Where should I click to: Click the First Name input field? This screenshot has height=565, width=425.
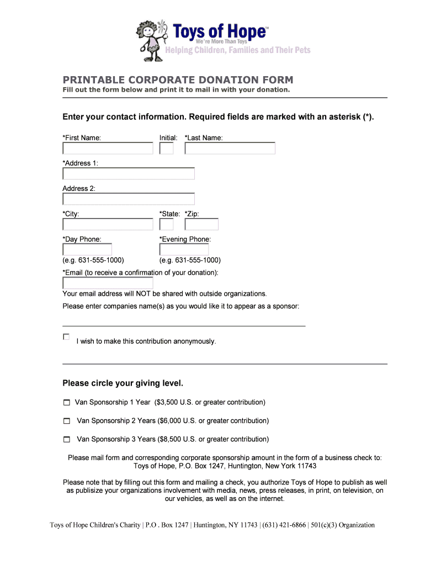[x=108, y=148]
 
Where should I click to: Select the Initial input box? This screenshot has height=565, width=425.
[x=166, y=148]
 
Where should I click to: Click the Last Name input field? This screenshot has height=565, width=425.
[x=230, y=148]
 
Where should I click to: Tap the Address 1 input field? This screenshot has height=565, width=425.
[x=129, y=174]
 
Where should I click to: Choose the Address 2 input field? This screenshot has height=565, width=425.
[x=129, y=199]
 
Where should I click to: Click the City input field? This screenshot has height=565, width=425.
[x=108, y=225]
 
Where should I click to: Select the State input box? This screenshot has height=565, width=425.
[x=166, y=225]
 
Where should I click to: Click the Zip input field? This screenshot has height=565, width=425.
[x=201, y=225]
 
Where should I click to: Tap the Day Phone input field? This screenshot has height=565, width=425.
[x=87, y=250]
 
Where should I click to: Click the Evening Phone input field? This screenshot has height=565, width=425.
[x=176, y=250]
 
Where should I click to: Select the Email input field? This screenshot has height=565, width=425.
[x=108, y=283]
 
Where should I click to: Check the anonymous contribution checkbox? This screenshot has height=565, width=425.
[x=66, y=337]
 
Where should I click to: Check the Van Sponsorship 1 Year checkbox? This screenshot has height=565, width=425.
[x=67, y=402]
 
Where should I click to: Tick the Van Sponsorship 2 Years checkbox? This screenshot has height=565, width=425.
[x=67, y=421]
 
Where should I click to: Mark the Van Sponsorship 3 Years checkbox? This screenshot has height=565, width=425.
[x=67, y=440]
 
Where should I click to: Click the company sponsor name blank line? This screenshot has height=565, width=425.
[x=184, y=325]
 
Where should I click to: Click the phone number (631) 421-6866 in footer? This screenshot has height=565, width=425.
[x=284, y=525]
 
